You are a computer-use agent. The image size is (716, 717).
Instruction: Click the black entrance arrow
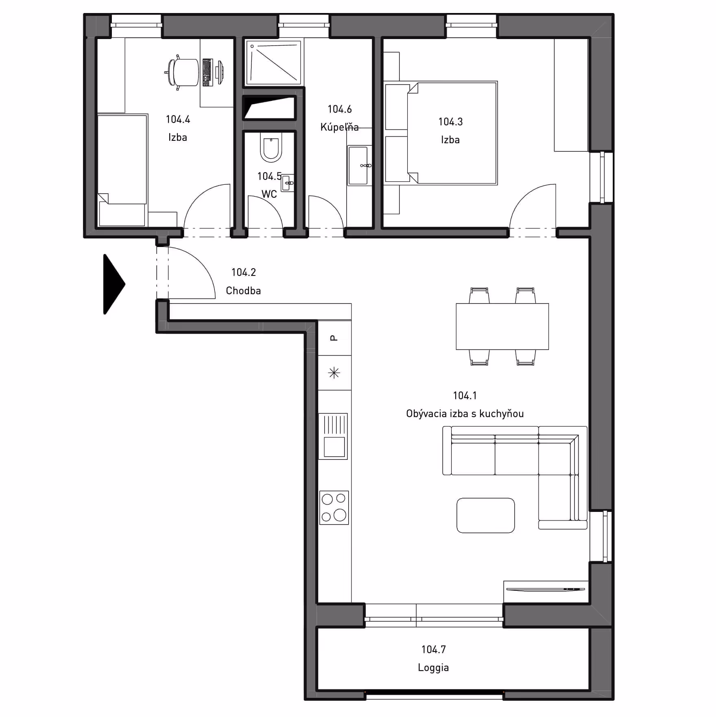pyautogui.click(x=113, y=284)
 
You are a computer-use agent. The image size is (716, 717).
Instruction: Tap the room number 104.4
pyautogui.click(x=178, y=119)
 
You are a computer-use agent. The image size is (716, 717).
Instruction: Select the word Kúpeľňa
pyautogui.click(x=339, y=127)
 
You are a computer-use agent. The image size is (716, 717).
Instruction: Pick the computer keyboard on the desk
pyautogui.click(x=207, y=72)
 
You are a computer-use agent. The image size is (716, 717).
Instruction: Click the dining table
pyautogui.click(x=502, y=326)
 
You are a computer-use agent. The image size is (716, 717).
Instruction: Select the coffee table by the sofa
pyautogui.click(x=485, y=515)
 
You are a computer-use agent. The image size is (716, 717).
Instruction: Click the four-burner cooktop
pyautogui.click(x=334, y=507)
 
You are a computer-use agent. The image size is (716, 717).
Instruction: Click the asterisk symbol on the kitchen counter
pyautogui.click(x=334, y=373)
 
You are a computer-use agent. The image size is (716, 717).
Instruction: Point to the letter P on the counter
pyautogui.click(x=334, y=338)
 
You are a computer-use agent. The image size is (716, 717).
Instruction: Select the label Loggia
pyautogui.click(x=433, y=668)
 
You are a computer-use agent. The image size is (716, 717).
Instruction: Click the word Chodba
pyautogui.click(x=243, y=291)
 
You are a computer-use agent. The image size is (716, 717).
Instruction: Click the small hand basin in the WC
pyautogui.click(x=288, y=183)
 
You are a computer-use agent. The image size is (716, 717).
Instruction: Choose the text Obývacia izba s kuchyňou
pyautogui.click(x=465, y=414)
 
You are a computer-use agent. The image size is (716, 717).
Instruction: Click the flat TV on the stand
pyautogui.click(x=545, y=589)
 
